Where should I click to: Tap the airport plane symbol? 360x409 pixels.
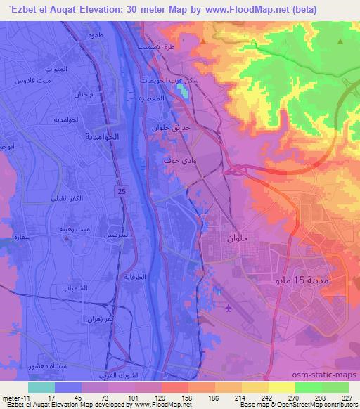230,307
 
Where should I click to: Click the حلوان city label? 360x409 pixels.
238,239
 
